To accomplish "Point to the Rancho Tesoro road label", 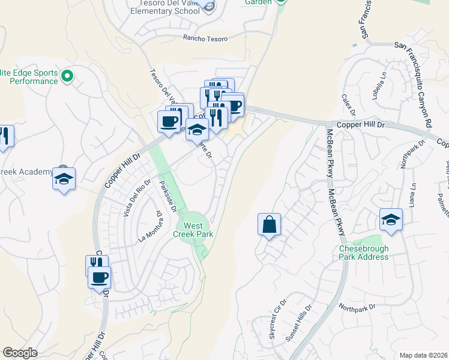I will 205,38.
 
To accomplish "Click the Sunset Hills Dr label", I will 299,325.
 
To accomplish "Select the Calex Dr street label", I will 349,101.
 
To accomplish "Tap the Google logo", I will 20,353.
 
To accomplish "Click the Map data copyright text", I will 423,355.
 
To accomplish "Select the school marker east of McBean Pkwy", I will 391,219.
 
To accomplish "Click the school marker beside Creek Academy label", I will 64,178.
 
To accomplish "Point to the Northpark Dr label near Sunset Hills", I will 357,307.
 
